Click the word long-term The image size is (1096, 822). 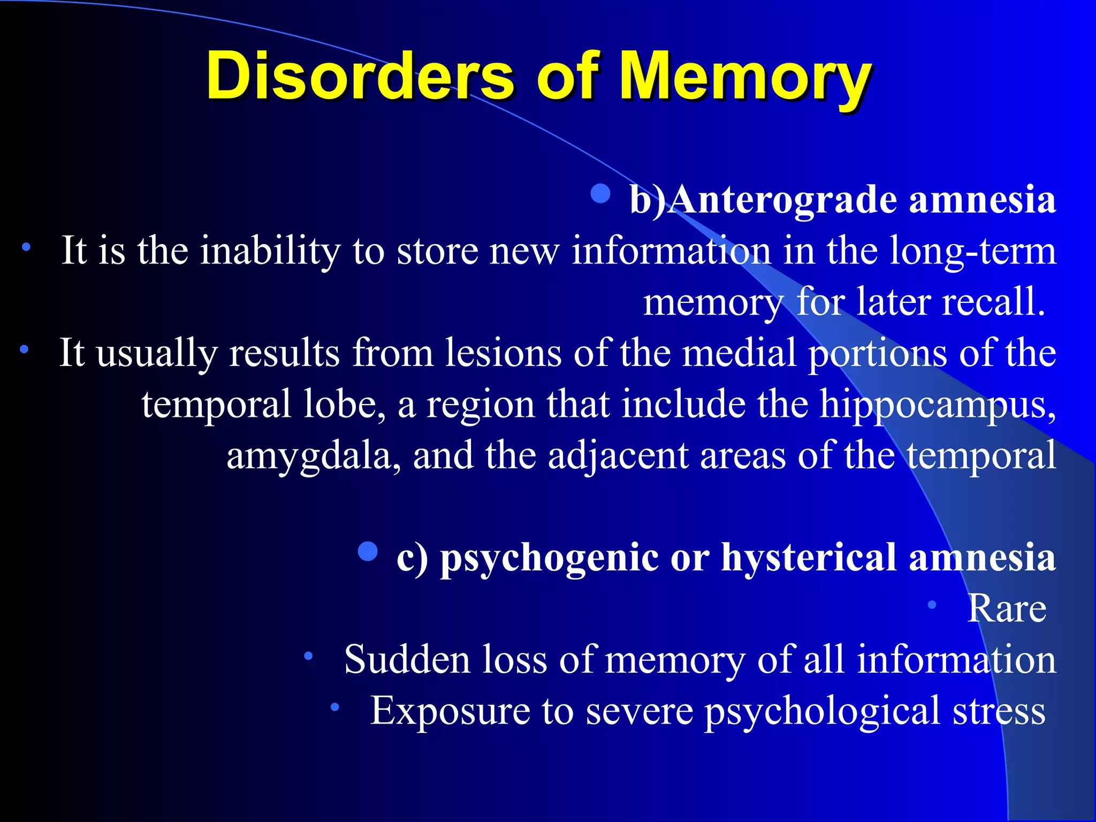[973, 250]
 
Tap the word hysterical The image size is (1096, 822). [808, 558]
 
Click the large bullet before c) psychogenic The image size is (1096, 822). [368, 551]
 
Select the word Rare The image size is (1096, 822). [1007, 608]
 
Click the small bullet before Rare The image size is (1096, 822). [932, 605]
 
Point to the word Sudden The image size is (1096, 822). [407, 659]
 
